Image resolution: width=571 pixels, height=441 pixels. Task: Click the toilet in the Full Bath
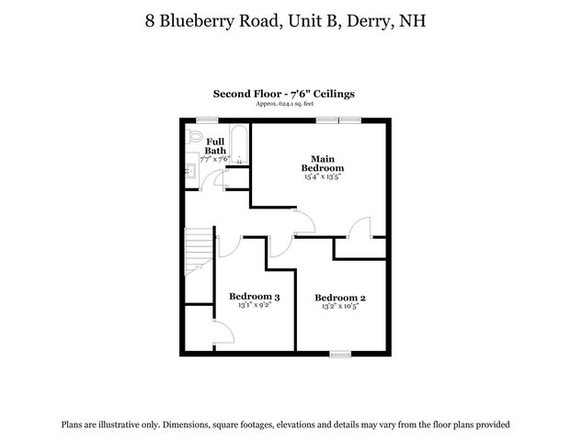coord(192,136)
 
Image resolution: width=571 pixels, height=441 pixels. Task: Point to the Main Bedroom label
coord(322,163)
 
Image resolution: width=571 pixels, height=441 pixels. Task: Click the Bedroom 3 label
coord(254,297)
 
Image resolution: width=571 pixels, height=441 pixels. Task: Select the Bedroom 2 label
coord(340,297)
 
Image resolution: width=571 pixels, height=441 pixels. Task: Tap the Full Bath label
coord(215,145)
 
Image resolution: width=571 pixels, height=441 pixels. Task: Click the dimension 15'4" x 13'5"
coord(323,177)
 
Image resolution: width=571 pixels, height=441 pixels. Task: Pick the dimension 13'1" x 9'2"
coord(254,307)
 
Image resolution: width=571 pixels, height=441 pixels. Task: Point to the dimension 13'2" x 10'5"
coord(340,307)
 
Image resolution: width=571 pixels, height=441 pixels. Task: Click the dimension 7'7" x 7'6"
coord(215,159)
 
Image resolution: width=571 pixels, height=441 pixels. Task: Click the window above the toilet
coord(204,119)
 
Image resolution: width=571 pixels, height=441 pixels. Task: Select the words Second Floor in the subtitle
coord(244,94)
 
